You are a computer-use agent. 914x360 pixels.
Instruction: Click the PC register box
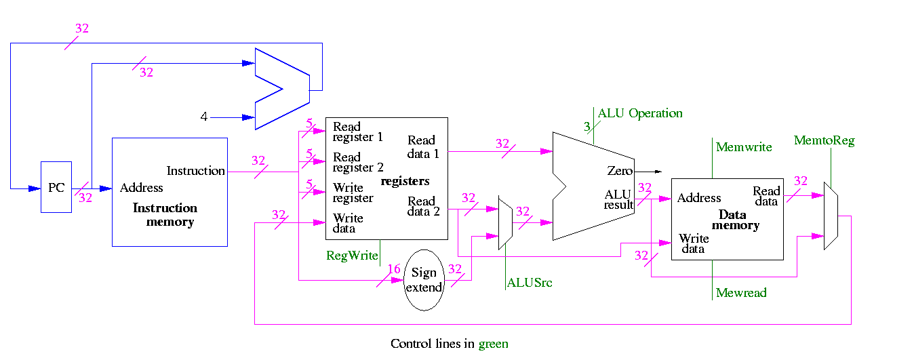pos(56,187)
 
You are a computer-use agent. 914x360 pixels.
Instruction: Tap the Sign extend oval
pos(424,279)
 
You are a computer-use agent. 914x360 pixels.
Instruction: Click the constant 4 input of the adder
pos(203,117)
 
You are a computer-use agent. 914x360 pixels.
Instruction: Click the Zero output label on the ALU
pos(619,171)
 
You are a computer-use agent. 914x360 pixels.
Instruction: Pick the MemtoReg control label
pos(824,141)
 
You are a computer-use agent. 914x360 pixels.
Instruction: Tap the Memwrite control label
pos(744,147)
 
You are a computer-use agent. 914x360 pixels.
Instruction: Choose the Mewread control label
pos(741,293)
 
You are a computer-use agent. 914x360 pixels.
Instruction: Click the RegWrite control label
pos(351,256)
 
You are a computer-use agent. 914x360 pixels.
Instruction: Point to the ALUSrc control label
pos(529,283)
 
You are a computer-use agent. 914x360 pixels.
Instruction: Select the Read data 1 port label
pos(423,146)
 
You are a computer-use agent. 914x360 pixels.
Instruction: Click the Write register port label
pos(353,193)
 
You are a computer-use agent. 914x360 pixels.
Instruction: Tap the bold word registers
pos(405,182)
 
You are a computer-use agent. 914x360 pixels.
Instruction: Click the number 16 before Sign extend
pos(394,269)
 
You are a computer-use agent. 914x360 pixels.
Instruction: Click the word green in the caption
pos(493,344)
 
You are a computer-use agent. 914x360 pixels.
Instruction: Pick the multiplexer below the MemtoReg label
pos(831,215)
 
